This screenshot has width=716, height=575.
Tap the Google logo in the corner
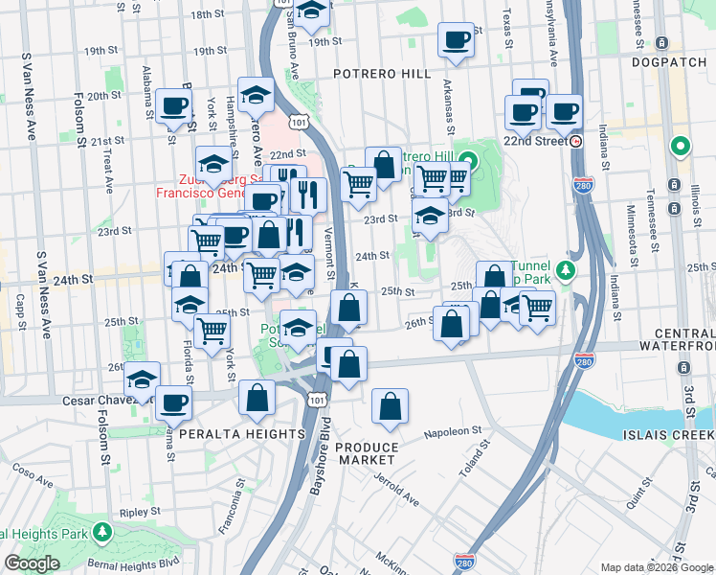32,563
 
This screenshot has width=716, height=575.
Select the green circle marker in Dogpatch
681,147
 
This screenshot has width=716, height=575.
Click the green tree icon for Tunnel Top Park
566,269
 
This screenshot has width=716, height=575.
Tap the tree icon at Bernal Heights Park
102,530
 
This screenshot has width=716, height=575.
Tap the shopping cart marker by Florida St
212,331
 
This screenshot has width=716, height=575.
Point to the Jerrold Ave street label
396,489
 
